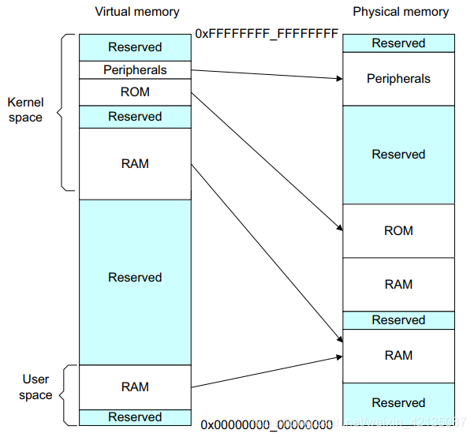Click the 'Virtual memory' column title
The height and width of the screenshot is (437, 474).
[136, 12]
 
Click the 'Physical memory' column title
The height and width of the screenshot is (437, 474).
[401, 12]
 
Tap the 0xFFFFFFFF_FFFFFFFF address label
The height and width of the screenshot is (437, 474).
[267, 34]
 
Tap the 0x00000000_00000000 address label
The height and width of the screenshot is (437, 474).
[267, 424]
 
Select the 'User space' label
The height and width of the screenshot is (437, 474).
[35, 387]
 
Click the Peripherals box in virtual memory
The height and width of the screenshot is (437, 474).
[135, 70]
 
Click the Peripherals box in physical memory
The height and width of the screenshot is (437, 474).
[398, 79]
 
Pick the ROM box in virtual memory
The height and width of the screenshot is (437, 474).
[135, 92]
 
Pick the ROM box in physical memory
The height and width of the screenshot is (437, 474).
[398, 231]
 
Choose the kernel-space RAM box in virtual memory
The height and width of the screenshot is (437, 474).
[135, 164]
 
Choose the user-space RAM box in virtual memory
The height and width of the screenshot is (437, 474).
[135, 387]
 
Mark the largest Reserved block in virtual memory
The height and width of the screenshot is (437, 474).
[135, 278]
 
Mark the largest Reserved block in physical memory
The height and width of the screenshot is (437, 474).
[398, 155]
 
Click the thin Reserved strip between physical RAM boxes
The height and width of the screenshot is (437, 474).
[398, 320]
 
